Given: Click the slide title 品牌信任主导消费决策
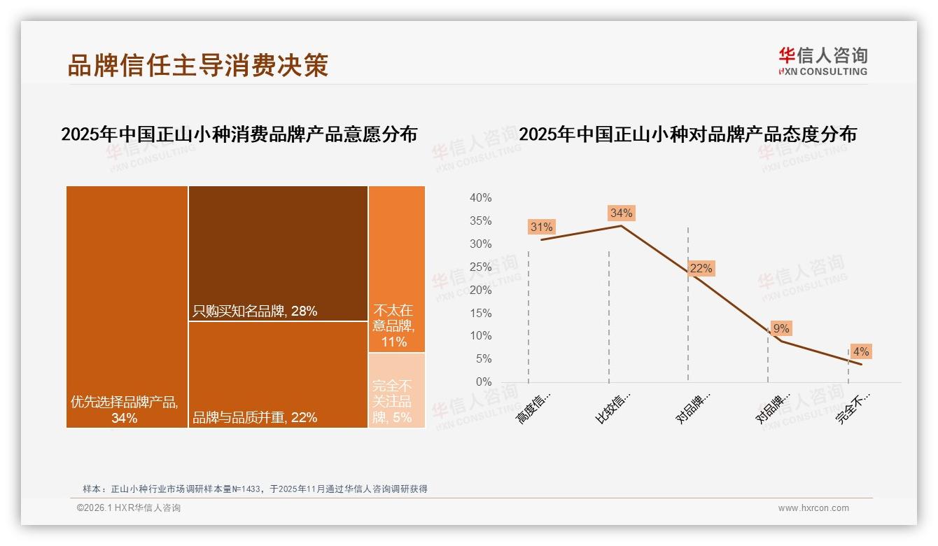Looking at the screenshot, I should pyautogui.click(x=198, y=65).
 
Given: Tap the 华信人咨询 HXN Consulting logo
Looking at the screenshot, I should pyautogui.click(x=822, y=61).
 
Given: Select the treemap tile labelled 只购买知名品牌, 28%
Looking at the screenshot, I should pyautogui.click(x=278, y=253).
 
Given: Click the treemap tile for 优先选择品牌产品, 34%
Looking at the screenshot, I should pyautogui.click(x=127, y=307).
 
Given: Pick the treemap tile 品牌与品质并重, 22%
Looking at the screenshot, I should pyautogui.click(x=278, y=374).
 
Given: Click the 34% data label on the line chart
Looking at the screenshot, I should pyautogui.click(x=621, y=213).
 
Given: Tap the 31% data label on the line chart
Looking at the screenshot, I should pyautogui.click(x=541, y=227).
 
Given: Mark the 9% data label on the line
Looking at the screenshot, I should pyautogui.click(x=780, y=328).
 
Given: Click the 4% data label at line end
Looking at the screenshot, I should pyautogui.click(x=860, y=351).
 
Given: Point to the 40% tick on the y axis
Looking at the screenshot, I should pyautogui.click(x=480, y=198).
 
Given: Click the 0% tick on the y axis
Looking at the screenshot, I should pyautogui.click(x=483, y=382).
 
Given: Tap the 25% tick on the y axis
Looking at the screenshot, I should pyautogui.click(x=480, y=267).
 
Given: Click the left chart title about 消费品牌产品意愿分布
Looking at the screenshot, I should pyautogui.click(x=239, y=134).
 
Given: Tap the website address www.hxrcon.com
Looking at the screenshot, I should pyautogui.click(x=813, y=508).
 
